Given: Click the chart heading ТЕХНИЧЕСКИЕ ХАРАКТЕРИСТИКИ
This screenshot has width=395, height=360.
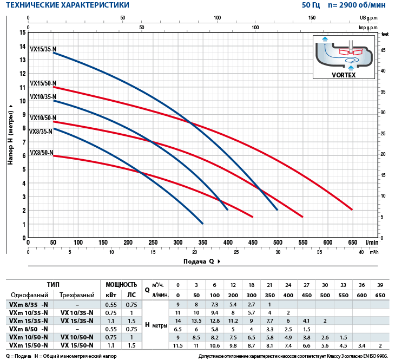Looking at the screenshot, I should tap(68, 5).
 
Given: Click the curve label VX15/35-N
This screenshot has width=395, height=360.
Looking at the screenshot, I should tap(43, 49).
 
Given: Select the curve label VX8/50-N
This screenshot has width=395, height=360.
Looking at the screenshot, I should tap(42, 152).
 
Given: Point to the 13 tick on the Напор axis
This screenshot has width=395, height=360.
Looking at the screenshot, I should tap(23, 60).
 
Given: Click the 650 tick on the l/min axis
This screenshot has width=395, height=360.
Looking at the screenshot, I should tap(352, 242).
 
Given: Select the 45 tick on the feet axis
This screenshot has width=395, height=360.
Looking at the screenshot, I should tap(383, 50).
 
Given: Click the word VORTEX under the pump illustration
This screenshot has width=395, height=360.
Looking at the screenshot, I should tap(344, 75).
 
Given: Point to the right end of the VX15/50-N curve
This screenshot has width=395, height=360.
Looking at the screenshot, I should tap(352, 209).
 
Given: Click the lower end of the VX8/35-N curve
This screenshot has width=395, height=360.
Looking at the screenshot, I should tap(202, 223).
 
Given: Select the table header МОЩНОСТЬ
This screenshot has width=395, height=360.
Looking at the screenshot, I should tap(121, 285).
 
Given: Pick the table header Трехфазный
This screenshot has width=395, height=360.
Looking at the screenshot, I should tap(76, 294).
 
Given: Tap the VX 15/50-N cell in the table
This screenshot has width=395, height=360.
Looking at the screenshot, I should tap(76, 345).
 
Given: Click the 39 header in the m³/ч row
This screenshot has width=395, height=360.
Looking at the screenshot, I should tap(380, 285).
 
